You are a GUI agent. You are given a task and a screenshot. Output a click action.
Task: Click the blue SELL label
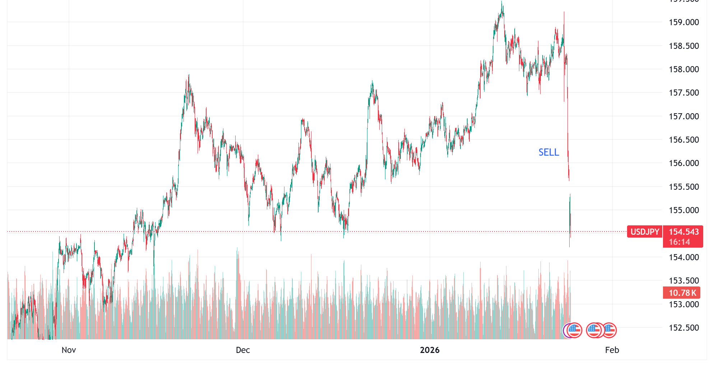[x=548, y=152]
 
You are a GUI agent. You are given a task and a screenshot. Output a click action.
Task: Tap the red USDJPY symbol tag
[x=645, y=232]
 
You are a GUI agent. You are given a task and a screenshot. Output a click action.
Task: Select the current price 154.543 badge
[x=683, y=232]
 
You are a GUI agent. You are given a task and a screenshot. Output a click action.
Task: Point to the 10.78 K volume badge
[x=682, y=293]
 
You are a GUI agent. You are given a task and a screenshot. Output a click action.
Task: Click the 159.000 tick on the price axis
[x=683, y=22]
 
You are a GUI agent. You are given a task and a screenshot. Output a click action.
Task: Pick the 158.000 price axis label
[x=683, y=69]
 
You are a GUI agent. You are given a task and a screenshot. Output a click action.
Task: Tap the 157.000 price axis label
[x=683, y=116]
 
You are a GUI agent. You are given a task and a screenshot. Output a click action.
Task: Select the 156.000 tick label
[x=683, y=163]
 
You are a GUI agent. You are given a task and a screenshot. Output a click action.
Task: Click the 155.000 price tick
[x=683, y=210]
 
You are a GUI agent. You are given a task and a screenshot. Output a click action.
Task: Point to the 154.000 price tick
[x=683, y=257]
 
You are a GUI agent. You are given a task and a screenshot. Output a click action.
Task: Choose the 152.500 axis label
[x=683, y=328]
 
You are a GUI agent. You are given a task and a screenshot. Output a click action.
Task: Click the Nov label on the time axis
[x=69, y=350]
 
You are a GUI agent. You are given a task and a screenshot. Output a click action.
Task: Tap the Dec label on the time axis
[x=243, y=350]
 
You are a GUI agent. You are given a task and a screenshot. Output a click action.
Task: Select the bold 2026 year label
[x=430, y=350]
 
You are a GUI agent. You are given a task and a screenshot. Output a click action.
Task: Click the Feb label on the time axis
[x=612, y=350]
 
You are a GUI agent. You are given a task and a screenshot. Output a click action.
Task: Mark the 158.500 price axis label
[x=683, y=46]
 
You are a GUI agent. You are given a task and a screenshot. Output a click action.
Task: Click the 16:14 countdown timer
[x=679, y=242]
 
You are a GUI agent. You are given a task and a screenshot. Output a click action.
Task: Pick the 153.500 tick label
[x=683, y=281]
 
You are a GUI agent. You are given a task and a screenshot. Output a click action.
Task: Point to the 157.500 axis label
[x=683, y=93]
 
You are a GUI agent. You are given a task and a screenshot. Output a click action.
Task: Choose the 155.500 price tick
[x=683, y=187]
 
